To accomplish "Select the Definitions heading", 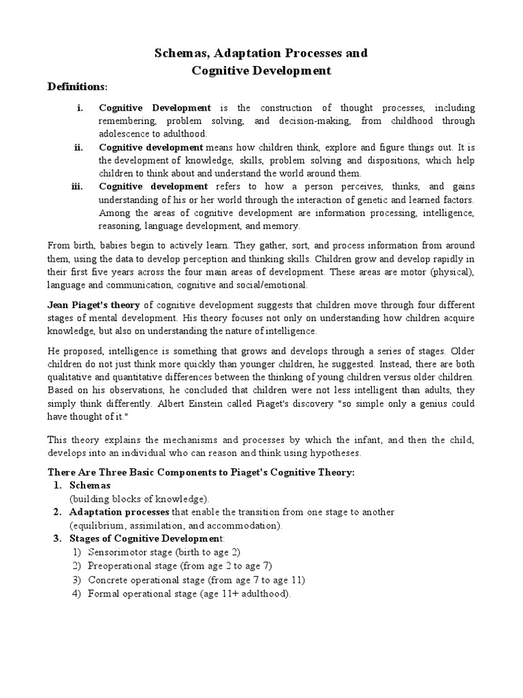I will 77,87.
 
